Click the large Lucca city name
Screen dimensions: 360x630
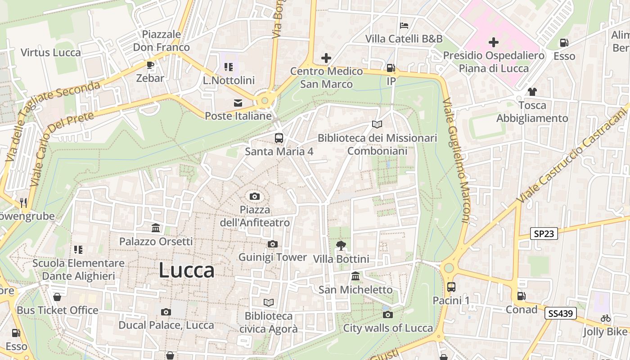pos(187,270)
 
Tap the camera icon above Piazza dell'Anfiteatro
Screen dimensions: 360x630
pos(255,196)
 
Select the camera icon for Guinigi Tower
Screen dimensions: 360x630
pos(272,244)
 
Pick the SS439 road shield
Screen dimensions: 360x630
pos(560,313)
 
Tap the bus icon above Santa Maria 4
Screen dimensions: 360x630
pos(279,138)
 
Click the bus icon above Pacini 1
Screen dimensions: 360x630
pos(451,287)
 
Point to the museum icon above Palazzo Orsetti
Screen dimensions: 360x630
pos(156,228)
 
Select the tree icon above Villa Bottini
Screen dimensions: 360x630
pos(341,245)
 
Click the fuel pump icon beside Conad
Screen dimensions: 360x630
pos(521,296)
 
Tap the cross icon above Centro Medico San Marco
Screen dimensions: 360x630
pos(326,58)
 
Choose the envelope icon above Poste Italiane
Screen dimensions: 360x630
pos(238,103)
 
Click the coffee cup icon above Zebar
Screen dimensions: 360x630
pos(150,65)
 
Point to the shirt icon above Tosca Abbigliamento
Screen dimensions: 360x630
pos(532,92)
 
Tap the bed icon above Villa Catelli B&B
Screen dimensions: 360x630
pos(404,25)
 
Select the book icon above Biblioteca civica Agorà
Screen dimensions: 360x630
pos(269,302)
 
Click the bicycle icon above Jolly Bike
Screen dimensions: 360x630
pos(606,318)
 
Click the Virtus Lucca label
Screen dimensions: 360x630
pos(51,52)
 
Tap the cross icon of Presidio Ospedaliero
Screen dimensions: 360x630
pos(494,42)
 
